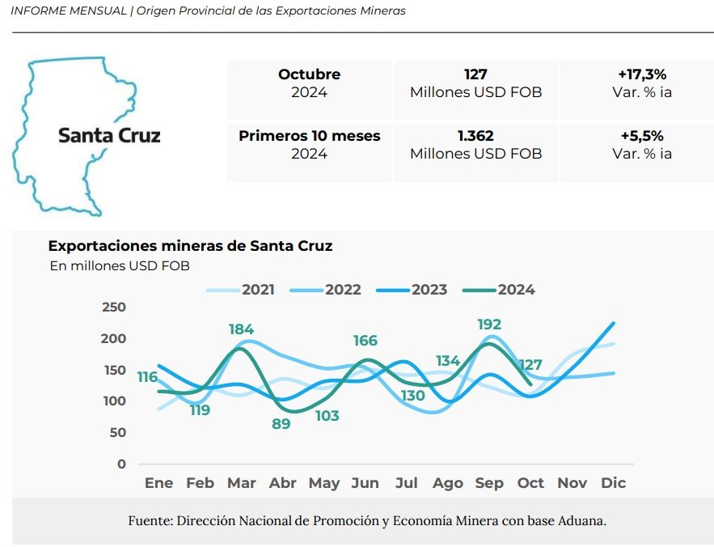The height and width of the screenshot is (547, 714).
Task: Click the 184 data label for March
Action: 241,329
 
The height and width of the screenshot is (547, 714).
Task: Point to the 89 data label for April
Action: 281,423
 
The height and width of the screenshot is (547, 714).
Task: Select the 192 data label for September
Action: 489,325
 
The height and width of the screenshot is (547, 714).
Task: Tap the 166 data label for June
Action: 365,341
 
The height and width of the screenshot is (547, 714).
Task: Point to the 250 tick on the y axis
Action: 115,307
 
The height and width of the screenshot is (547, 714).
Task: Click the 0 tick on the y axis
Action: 122,464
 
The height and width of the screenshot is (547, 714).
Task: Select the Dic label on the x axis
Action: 614,483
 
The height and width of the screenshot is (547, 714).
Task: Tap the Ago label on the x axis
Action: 447,483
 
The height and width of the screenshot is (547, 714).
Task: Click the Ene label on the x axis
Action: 158,483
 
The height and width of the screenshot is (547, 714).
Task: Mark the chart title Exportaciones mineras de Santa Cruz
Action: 190,246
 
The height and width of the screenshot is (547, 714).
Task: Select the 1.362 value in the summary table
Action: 475,136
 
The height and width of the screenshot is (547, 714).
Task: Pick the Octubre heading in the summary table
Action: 309,74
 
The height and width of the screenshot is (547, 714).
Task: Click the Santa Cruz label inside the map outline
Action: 109,135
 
